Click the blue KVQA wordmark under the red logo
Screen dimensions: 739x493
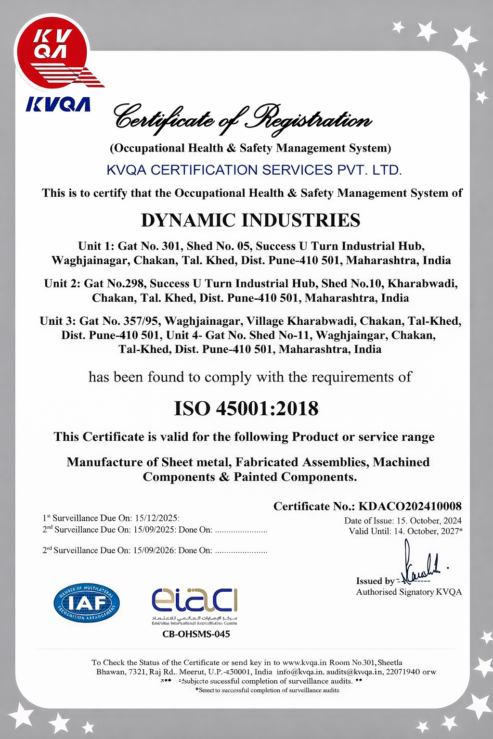click(58, 104)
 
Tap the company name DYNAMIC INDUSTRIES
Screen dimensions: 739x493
click(250, 220)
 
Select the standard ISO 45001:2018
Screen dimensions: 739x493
click(246, 409)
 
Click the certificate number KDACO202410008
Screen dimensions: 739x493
click(410, 506)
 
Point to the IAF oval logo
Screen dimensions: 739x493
click(87, 602)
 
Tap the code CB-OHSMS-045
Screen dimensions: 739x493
click(196, 634)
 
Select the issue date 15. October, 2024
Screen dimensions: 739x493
click(428, 521)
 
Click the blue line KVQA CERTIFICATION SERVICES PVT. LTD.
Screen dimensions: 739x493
click(254, 170)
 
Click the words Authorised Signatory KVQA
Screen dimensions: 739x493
click(409, 592)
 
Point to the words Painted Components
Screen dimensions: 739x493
click(295, 477)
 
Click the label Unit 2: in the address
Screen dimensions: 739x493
click(62, 283)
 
